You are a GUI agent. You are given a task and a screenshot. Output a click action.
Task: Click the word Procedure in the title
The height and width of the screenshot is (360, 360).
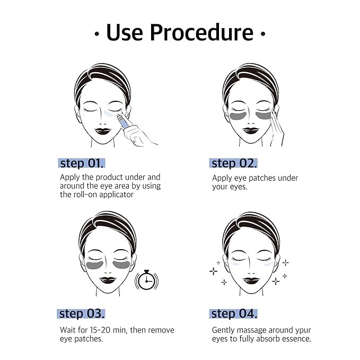click(203, 32)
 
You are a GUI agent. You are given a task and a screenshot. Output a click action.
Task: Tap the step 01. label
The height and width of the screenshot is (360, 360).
click(85, 163)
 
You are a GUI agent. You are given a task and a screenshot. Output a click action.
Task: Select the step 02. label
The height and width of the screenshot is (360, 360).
click(234, 163)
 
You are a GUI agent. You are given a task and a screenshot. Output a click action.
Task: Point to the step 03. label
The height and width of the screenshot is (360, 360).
click(82, 313)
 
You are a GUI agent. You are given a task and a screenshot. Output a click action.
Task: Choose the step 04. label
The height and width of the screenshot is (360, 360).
click(234, 313)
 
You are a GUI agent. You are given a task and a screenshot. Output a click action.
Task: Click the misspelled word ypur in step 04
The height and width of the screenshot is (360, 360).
click(301, 330)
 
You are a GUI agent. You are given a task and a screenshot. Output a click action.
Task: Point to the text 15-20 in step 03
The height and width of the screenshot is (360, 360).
click(100, 330)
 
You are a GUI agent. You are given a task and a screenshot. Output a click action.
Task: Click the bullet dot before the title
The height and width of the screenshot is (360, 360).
click(96, 34)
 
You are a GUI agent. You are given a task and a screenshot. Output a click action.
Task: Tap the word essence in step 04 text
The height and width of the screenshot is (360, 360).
click(295, 339)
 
